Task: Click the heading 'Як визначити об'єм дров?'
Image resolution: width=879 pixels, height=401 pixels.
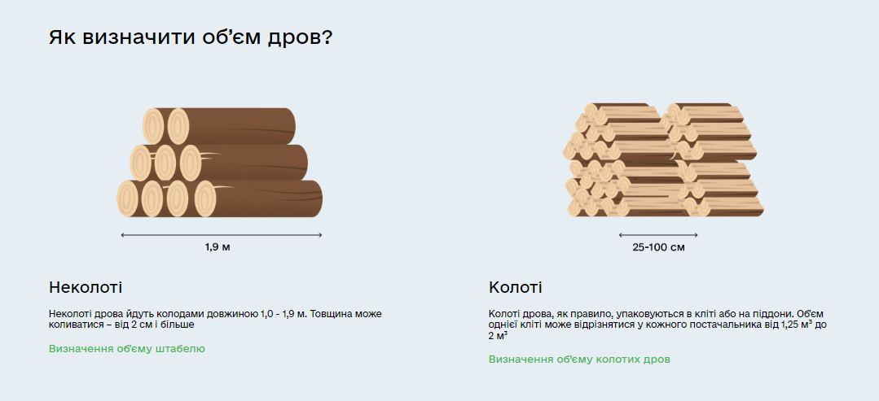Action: (190, 38)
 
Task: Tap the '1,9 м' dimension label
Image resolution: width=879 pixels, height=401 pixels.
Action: (218, 246)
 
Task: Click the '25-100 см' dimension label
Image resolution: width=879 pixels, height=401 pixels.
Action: (658, 246)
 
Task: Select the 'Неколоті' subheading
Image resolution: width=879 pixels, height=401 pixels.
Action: (86, 287)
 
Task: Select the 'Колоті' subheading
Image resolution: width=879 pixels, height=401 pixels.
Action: (515, 287)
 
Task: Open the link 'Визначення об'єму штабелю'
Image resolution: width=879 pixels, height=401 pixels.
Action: (126, 348)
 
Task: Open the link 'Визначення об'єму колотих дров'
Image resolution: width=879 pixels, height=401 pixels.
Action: (579, 359)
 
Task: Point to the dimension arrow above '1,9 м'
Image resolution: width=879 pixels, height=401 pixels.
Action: (222, 235)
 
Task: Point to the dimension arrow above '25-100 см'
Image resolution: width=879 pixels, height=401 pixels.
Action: (658, 235)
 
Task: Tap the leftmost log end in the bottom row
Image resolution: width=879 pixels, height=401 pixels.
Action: (129, 199)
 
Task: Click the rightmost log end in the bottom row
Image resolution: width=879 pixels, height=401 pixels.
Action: (204, 199)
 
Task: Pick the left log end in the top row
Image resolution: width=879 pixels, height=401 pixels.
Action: (154, 126)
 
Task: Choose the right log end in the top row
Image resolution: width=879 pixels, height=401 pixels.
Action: (178, 126)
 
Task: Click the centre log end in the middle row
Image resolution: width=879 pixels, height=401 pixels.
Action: (166, 163)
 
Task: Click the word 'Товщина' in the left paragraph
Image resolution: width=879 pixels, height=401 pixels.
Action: (328, 313)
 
